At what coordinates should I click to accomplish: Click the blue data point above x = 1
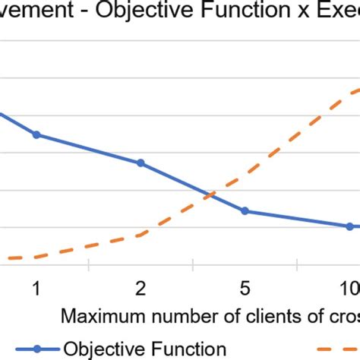tap(36, 135)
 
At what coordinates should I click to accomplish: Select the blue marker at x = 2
tap(141, 163)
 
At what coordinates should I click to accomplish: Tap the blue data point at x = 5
tap(245, 210)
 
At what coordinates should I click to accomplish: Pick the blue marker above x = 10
tap(350, 226)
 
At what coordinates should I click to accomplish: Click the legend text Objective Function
tap(145, 349)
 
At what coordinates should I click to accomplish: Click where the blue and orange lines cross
tap(210, 195)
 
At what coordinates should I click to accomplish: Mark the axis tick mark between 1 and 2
tap(89, 264)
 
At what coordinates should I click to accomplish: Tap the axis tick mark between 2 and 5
tap(194, 264)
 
